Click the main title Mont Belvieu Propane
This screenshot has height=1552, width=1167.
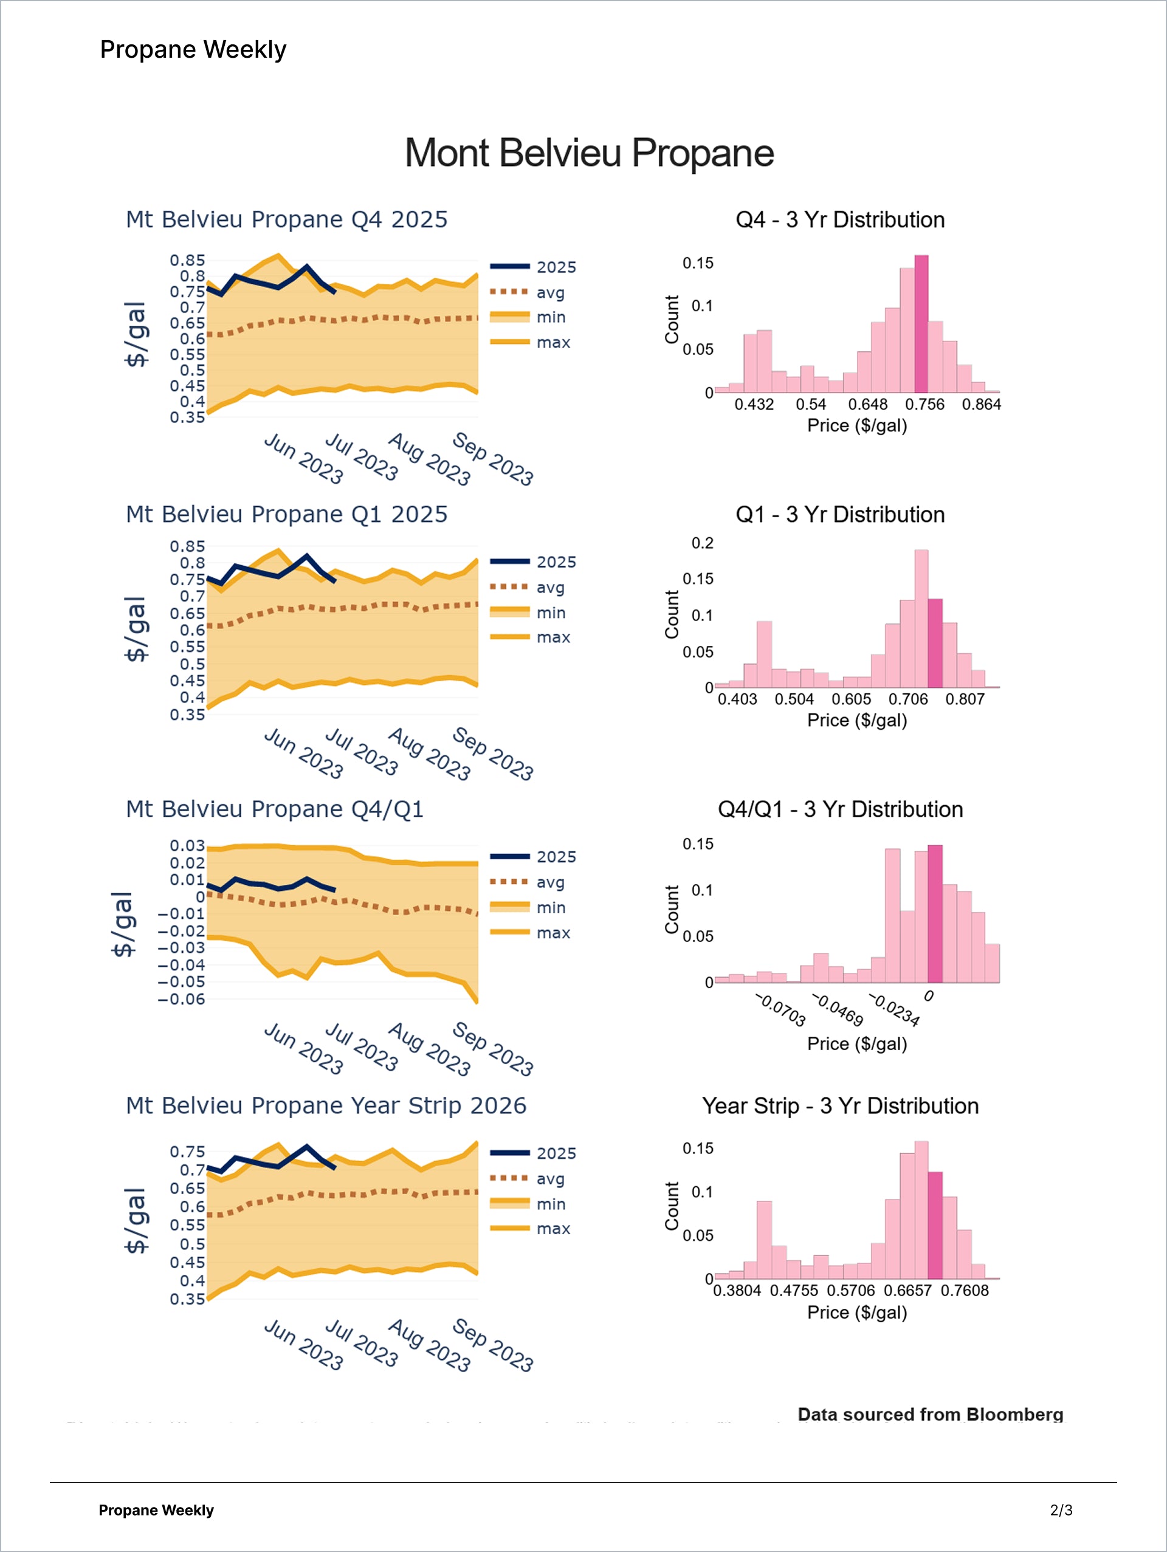(x=589, y=153)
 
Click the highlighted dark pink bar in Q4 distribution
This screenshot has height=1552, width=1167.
(x=921, y=324)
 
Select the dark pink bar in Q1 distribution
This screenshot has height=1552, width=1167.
(x=935, y=643)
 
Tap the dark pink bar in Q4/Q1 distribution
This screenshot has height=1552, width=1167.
(x=935, y=913)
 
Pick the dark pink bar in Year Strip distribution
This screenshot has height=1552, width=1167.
(x=935, y=1225)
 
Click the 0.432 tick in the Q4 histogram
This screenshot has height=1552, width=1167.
(x=754, y=405)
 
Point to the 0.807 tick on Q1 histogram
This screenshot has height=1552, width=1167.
(x=965, y=699)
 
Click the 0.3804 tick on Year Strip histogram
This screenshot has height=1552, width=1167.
(x=737, y=1291)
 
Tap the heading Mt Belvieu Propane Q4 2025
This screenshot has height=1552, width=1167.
(x=286, y=219)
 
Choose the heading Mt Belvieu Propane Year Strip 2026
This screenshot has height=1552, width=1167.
(x=326, y=1106)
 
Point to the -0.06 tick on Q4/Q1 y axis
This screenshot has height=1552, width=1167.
(x=181, y=999)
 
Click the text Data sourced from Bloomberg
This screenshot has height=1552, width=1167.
(x=930, y=1415)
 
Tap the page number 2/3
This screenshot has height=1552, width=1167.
(x=1061, y=1510)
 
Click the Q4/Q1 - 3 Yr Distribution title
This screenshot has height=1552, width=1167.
(x=840, y=809)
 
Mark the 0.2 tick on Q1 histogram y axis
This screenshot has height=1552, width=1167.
(x=703, y=543)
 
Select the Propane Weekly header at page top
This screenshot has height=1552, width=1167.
(x=193, y=50)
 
